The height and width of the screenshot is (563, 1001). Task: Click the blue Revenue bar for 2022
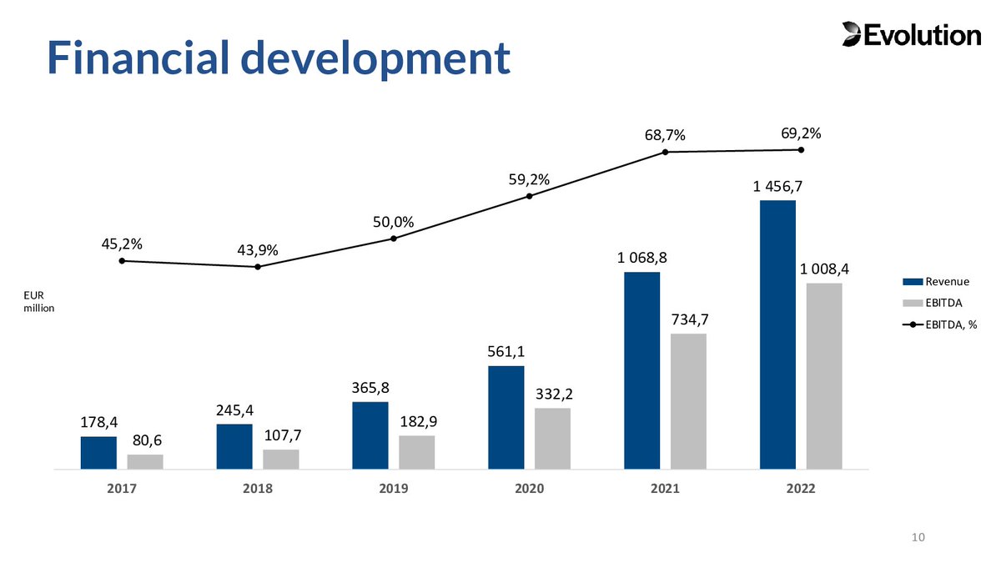click(777, 334)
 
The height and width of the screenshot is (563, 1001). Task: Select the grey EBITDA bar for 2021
click(688, 401)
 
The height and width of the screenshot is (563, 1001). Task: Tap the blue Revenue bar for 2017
click(98, 453)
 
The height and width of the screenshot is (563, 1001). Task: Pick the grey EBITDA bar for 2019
click(416, 452)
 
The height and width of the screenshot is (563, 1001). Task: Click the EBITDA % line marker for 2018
click(258, 267)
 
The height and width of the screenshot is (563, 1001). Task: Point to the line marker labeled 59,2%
click(530, 197)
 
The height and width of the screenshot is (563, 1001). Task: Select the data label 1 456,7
click(777, 187)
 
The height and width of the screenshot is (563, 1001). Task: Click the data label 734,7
click(688, 320)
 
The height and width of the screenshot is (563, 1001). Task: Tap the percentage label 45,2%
click(121, 244)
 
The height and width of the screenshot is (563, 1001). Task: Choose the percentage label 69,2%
click(801, 133)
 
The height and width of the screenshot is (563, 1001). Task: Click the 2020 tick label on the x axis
click(530, 489)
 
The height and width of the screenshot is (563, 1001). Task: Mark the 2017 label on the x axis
click(122, 489)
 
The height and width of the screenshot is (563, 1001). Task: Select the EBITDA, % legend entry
click(944, 324)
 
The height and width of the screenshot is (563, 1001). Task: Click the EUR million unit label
click(38, 301)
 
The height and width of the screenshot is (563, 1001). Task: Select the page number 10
click(918, 536)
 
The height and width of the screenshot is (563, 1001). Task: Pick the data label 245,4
click(234, 410)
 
